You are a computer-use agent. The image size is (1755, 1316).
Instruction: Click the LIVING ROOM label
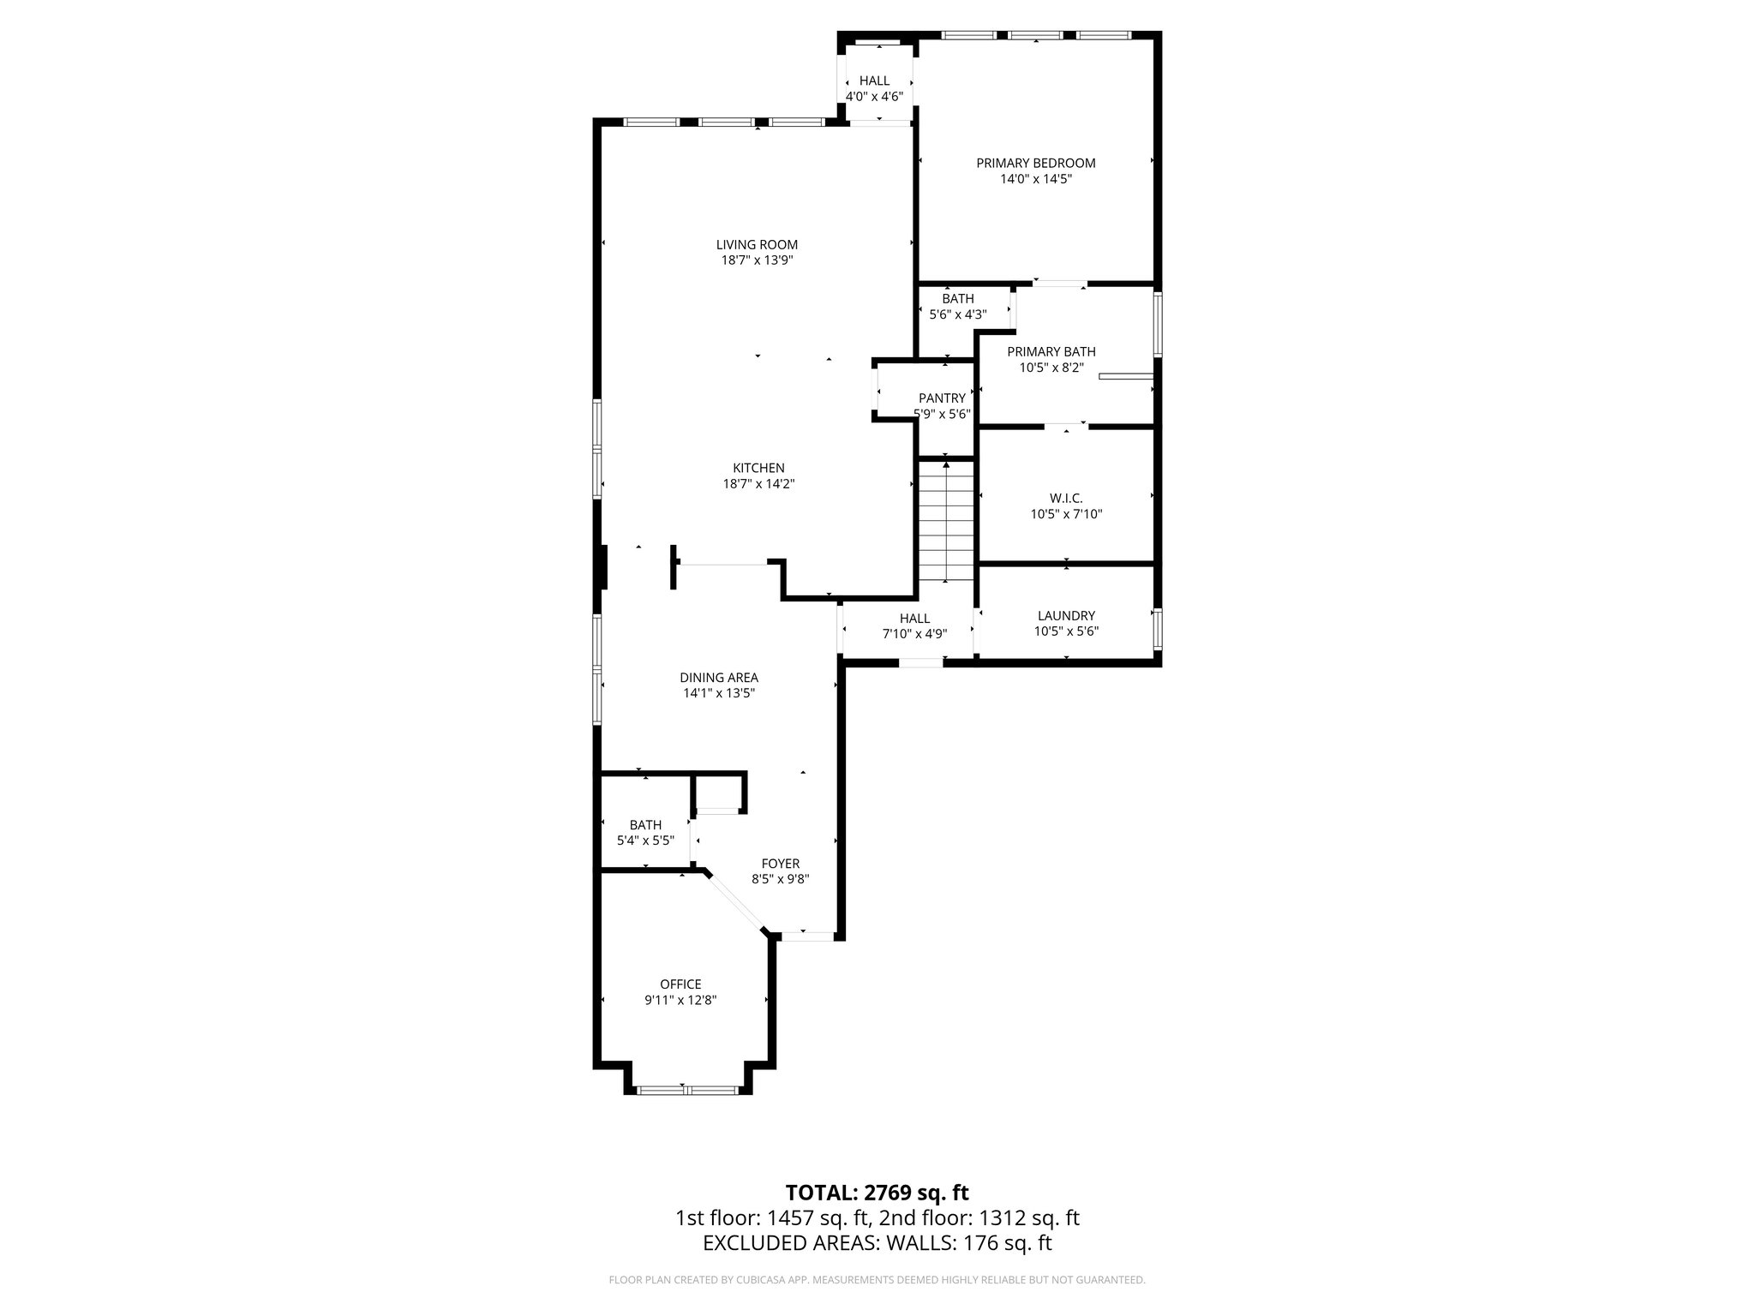757,245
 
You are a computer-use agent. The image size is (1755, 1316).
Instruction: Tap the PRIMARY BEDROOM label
1035,163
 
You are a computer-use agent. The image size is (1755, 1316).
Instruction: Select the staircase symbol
946,521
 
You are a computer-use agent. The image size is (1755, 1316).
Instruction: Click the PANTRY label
942,398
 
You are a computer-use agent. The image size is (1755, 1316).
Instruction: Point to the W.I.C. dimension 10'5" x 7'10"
1066,515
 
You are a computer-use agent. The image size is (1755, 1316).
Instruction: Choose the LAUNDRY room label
1066,615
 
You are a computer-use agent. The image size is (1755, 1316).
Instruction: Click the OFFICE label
680,984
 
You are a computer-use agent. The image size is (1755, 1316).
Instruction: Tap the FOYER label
780,864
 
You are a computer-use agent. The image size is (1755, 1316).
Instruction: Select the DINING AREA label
719,678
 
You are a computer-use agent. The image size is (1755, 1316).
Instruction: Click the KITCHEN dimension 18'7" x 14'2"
758,484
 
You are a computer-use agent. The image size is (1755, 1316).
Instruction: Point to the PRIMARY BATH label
1051,351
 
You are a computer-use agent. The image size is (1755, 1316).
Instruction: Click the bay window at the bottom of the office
687,1090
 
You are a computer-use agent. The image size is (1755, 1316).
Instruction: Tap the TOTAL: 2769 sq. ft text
877,1193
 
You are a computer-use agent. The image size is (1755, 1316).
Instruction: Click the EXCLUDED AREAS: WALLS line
877,1243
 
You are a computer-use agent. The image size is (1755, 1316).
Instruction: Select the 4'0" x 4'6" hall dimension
874,97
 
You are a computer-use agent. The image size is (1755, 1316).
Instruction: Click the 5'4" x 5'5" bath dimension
645,841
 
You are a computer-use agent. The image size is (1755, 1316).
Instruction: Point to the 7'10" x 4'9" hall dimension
914,635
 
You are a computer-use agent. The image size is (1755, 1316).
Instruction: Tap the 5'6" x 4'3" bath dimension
958,314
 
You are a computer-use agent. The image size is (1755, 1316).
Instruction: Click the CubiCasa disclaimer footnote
877,1280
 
